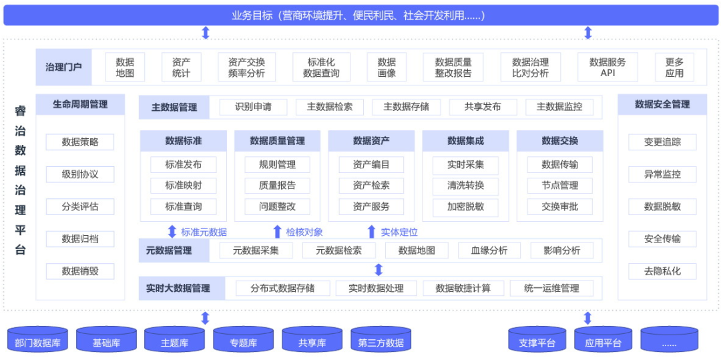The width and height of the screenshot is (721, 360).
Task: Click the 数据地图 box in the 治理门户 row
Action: coord(125,67)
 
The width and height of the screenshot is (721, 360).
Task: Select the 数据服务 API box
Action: coord(608,67)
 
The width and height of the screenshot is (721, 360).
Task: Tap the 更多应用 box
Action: coord(674,67)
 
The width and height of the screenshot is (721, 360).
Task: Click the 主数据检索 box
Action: coord(330,107)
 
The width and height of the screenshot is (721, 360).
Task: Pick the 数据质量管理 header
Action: coord(277,141)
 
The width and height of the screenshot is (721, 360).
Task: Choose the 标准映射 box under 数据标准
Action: coord(184,186)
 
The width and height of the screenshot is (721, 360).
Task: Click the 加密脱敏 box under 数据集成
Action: coord(466,206)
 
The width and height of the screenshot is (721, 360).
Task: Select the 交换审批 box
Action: coord(560,206)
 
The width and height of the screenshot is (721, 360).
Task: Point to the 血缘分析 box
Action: coord(489,250)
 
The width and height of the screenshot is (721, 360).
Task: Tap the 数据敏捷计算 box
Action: coord(463,289)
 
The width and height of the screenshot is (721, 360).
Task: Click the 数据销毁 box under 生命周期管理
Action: coord(80,271)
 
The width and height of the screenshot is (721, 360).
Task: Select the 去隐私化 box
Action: coord(662,271)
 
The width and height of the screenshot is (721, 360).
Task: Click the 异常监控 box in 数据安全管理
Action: coord(662,174)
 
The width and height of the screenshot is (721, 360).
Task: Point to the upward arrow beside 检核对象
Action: coord(278,232)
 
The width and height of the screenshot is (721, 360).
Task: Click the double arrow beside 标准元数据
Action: coord(172,232)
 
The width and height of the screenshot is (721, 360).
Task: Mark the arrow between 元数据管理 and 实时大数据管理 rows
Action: coord(379,270)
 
